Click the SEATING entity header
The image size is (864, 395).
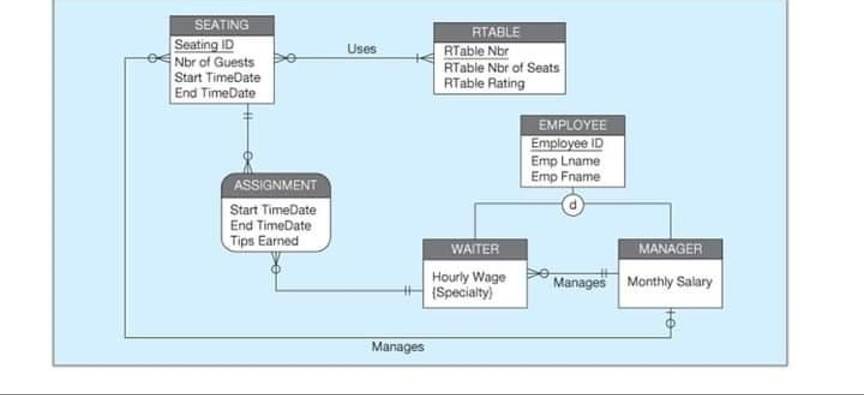[221, 25]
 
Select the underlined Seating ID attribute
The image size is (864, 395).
[204, 45]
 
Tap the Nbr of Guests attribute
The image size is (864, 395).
[214, 62]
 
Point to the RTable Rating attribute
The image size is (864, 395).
[484, 83]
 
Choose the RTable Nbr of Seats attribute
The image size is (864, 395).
[501, 68]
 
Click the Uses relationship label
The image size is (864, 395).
[361, 49]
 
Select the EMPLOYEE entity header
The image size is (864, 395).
[572, 126]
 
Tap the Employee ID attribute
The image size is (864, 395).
[567, 143]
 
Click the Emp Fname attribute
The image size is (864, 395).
[565, 177]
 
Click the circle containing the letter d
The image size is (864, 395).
[573, 205]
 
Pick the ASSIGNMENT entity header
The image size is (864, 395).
[276, 185]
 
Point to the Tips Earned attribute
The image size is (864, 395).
[264, 241]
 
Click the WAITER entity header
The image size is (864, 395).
[475, 249]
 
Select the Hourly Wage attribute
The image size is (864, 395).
[468, 277]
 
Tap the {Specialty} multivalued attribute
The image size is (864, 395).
[462, 293]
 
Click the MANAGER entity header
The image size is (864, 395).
[670, 249]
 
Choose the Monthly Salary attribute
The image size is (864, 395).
[669, 282]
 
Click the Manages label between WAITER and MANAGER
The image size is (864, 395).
[579, 283]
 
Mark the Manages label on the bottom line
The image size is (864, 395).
[398, 347]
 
